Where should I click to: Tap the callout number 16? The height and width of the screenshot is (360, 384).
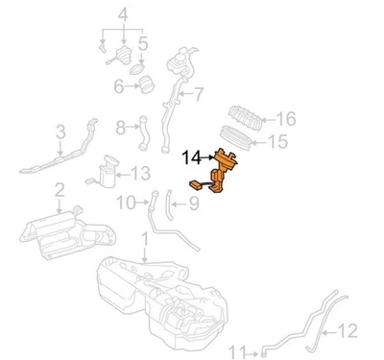click(285, 119)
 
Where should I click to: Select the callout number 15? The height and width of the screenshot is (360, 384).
click(276, 143)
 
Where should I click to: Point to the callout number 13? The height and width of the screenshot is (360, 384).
click(140, 173)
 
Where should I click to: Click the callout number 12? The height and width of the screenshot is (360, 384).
click(347, 332)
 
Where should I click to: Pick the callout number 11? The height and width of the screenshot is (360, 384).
click(241, 351)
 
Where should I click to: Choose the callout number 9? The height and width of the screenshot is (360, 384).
click(192, 203)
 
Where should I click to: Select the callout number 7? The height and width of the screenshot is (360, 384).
click(199, 94)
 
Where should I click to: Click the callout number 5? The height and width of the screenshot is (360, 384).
click(142, 43)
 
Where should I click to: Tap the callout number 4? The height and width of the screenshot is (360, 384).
click(122, 13)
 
